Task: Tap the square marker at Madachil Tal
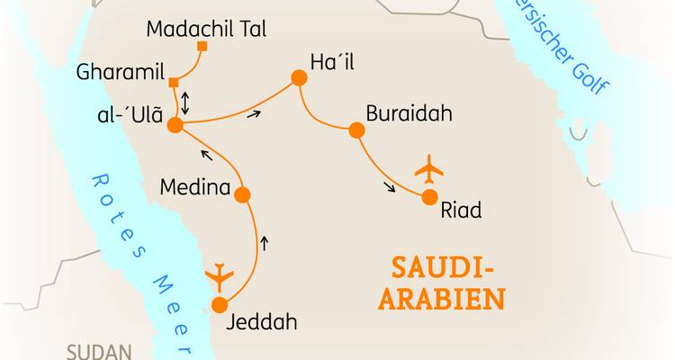point(202,46)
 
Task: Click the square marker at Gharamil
point(173,83)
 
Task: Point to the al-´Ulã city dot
point(175,126)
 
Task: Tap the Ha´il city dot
point(299,78)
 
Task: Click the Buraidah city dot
point(356,130)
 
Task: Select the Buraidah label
point(409,115)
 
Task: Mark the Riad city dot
point(429,197)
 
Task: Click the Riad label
point(461,211)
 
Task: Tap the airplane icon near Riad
point(429,169)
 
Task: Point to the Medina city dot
point(241,194)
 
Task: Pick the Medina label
point(193,188)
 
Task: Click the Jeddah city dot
point(219,305)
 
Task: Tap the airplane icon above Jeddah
point(218,276)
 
